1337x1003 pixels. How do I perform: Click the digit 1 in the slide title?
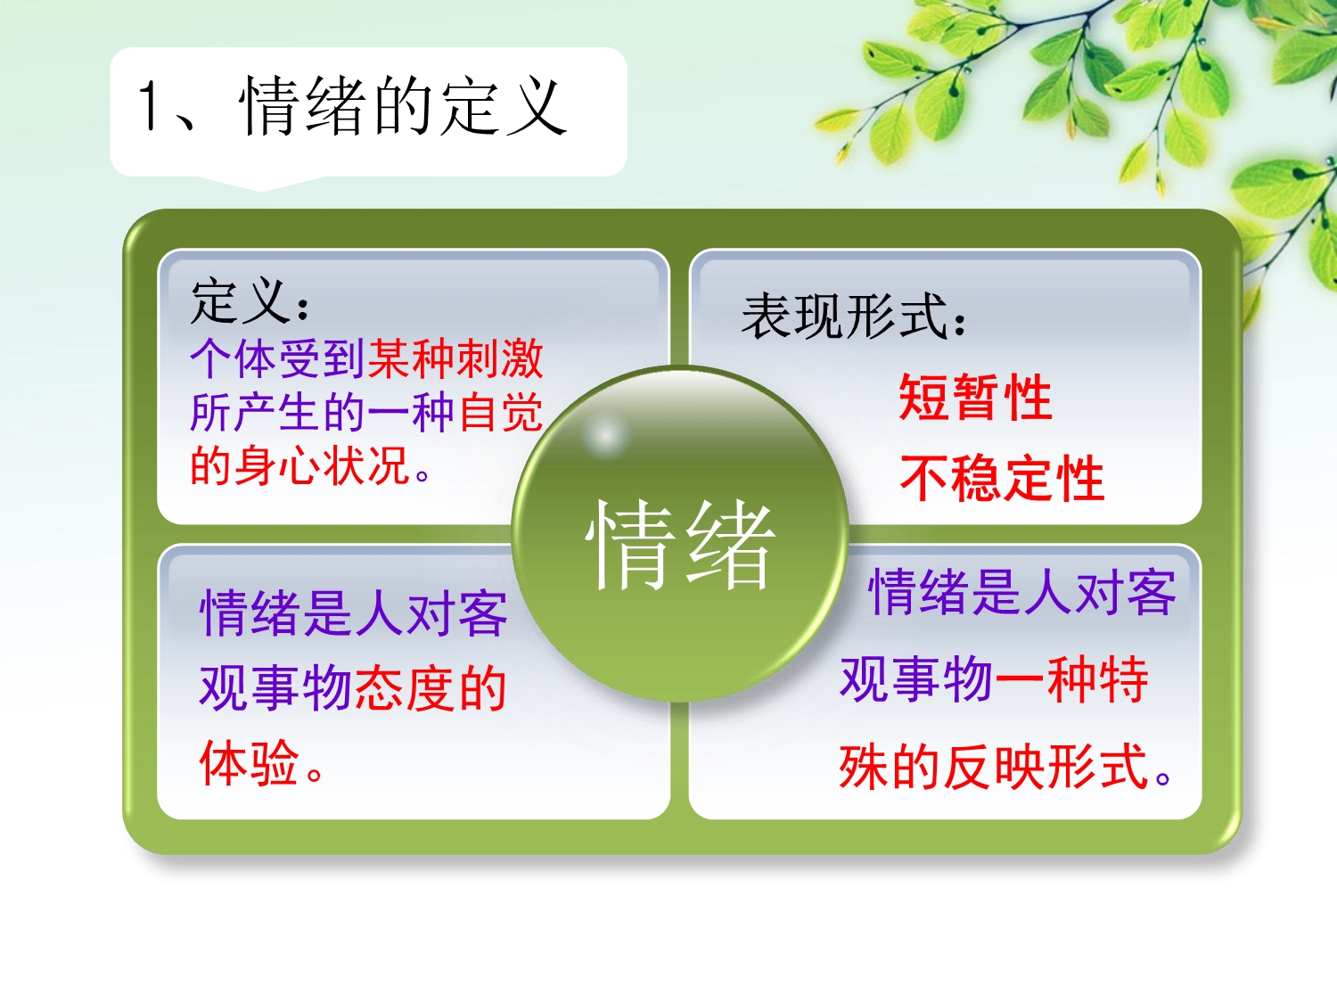click(148, 106)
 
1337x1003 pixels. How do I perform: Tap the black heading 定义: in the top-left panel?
click(250, 300)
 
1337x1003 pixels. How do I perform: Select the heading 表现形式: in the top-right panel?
click(853, 317)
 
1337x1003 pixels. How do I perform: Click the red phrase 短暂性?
click(975, 397)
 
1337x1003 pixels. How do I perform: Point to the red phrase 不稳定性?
click(1002, 478)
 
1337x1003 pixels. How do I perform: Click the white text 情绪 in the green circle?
click(680, 544)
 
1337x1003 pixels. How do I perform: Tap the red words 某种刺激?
click(455, 359)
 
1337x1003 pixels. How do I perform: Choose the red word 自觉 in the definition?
click(500, 412)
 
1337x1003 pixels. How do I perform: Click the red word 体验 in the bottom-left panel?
click(249, 763)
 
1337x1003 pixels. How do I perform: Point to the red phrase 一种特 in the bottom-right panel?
click(1071, 679)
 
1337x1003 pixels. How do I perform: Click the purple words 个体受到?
click(277, 359)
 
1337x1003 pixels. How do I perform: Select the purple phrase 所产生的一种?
click(323, 412)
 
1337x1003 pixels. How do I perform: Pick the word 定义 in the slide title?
click(503, 107)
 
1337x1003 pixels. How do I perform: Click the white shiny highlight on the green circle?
click(605, 436)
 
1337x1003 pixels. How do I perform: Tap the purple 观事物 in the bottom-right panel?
click(916, 679)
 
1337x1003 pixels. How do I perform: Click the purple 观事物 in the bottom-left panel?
click(275, 689)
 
